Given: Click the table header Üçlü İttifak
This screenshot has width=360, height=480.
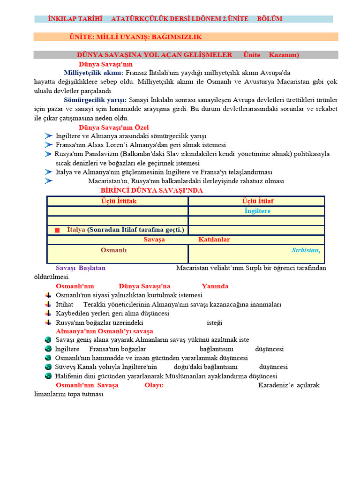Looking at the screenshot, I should [x=119, y=201].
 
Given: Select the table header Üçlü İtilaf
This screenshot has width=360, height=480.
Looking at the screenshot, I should [x=258, y=201].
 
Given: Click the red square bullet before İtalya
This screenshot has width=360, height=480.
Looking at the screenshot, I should [x=58, y=230].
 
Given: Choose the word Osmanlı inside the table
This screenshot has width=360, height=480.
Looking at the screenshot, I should [x=113, y=250].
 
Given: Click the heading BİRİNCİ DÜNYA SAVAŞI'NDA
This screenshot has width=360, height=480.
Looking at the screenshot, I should [x=152, y=190].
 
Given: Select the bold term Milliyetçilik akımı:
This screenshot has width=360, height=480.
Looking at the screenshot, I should [x=94, y=73].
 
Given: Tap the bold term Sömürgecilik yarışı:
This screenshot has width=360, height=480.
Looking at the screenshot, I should [x=95, y=100].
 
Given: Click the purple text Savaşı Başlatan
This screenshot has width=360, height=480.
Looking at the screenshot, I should [x=81, y=268].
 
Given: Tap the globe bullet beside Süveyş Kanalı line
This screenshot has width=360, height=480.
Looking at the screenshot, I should [x=48, y=367].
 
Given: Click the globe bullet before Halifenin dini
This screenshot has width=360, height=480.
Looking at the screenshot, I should [x=48, y=376].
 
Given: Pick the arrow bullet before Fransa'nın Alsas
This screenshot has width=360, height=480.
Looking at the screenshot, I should [x=49, y=145].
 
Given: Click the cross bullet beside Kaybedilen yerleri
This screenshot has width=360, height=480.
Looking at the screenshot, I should [x=48, y=313].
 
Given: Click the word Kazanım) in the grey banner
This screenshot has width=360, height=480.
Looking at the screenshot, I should [x=284, y=55].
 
